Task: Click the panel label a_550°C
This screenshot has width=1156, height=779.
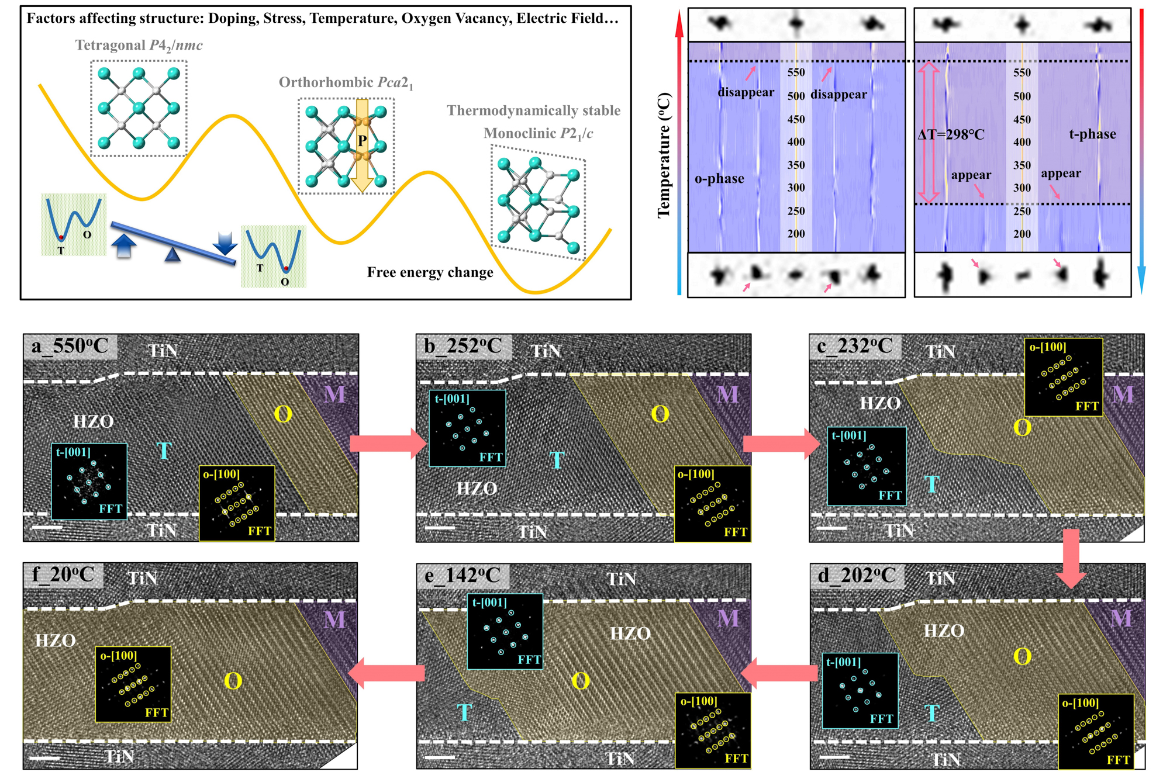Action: pos(70,346)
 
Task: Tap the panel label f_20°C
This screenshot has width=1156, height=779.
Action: pos(63,574)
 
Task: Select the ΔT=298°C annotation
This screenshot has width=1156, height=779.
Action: pos(951,135)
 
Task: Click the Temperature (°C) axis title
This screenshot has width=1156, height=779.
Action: pos(664,155)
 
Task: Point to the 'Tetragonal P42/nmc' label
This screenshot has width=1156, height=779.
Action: pos(139,45)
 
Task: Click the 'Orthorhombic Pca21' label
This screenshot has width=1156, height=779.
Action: pos(346,82)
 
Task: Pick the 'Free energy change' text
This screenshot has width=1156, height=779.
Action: pos(430,272)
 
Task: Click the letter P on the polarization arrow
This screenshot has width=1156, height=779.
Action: pos(362,141)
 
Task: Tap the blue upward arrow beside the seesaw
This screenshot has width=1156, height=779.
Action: pos(123,246)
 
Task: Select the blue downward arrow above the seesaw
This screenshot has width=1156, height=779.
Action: pos(225,243)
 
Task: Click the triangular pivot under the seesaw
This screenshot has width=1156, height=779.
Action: pos(172,254)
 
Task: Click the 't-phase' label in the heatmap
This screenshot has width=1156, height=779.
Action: pos(1092,134)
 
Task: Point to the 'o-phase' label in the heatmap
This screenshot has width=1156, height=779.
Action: pos(719,179)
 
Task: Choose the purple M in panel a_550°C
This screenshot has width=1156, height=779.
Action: pos(334,394)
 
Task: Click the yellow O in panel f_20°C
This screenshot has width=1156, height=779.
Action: pos(233,681)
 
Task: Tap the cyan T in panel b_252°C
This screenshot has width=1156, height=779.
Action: pos(557,461)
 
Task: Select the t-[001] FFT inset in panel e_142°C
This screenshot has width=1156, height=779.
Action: pos(505,632)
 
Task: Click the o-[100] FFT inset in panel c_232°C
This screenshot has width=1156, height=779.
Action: pos(1064,377)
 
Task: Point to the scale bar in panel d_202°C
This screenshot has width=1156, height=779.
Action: pos(834,757)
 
